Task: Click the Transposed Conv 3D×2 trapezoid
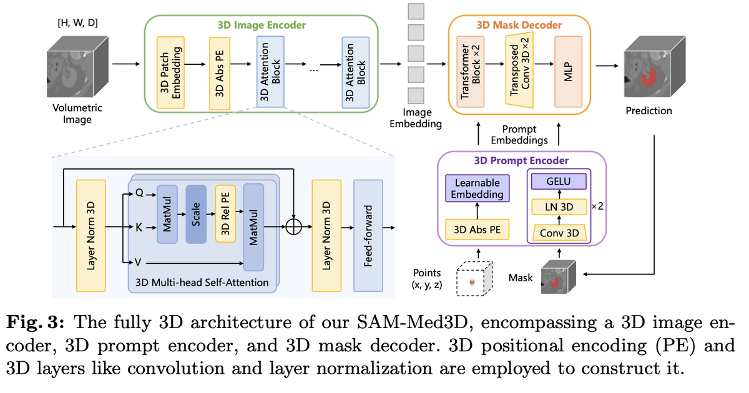coord(520,70)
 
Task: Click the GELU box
coord(558,181)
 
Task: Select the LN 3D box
coord(558,206)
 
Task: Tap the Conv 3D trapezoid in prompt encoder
coord(558,232)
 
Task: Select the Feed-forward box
coord(368,236)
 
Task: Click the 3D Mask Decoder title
coord(519,25)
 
